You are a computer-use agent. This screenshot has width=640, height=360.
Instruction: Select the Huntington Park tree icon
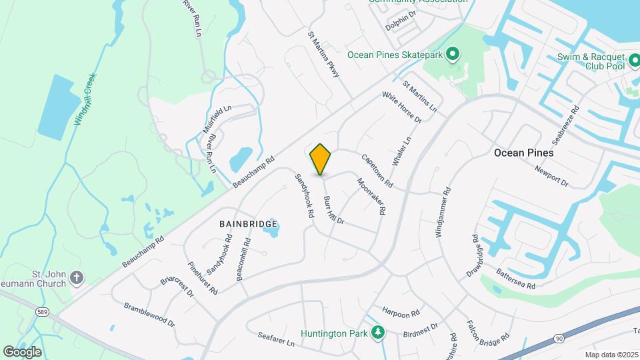point(378,332)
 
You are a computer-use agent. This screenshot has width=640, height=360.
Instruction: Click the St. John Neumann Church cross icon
point(77,277)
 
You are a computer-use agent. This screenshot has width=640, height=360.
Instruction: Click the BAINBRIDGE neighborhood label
point(244,225)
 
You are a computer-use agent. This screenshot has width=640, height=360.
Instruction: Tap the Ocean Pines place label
point(523,153)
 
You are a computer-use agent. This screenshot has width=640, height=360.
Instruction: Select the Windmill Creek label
point(86,103)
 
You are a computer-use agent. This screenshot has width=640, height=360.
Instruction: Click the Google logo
point(22,351)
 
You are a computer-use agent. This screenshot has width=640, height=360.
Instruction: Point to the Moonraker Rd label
point(371,195)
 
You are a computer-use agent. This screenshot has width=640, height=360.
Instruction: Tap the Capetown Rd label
point(377,171)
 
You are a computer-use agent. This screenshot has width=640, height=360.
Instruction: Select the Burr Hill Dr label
point(333,209)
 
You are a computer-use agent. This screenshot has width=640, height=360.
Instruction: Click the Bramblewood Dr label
point(149,315)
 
